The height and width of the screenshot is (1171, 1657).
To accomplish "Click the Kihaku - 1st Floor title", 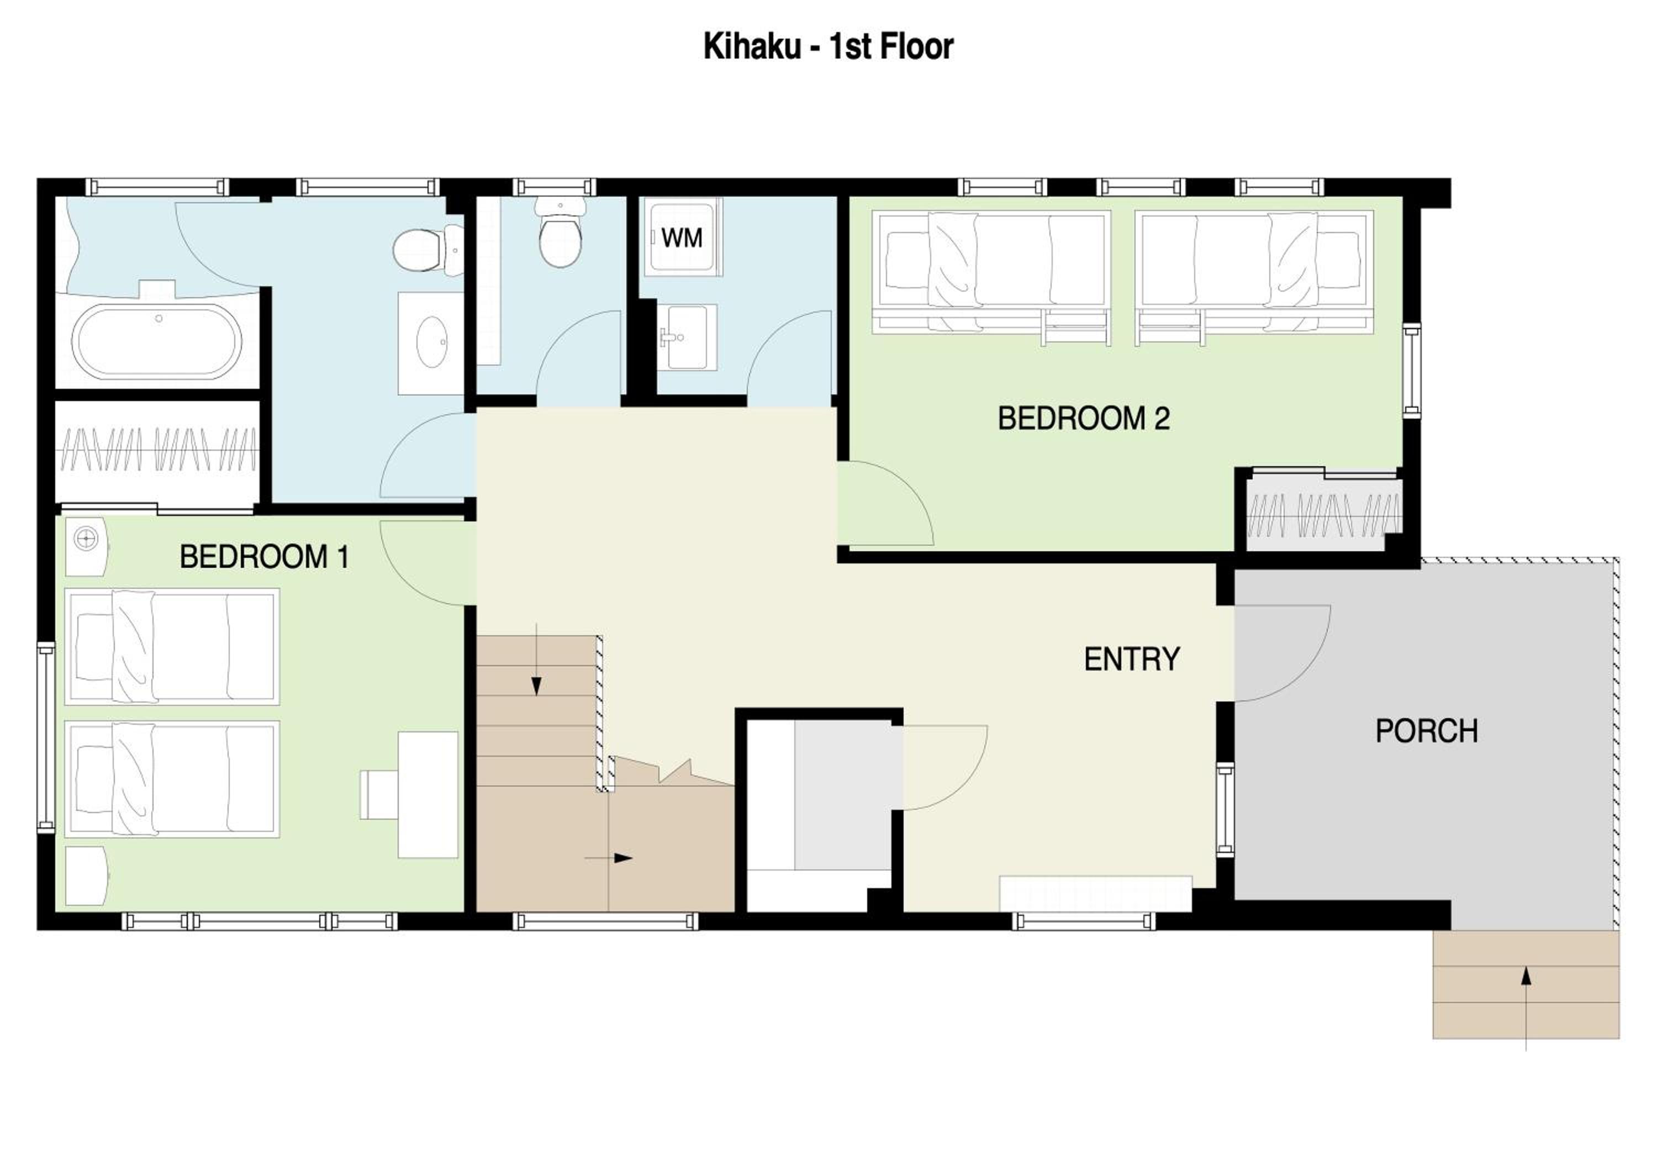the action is coord(828,47).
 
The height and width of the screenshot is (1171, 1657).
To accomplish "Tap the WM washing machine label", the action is coord(681,238).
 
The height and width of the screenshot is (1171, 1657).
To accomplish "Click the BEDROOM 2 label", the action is coord(1083,419).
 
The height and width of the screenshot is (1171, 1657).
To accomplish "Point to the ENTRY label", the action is coord(1132,659).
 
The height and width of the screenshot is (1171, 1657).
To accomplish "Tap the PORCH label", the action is coord(1427,732).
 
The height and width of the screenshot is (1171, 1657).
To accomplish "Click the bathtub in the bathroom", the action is coord(158,341).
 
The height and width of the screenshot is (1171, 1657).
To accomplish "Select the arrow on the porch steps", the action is coord(1526,1008).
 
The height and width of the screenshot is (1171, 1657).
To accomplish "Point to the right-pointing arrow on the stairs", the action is coord(608,858).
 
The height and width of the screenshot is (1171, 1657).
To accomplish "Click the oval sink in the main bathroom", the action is coord(431,342).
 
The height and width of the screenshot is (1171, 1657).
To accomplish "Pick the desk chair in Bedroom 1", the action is coord(379,794).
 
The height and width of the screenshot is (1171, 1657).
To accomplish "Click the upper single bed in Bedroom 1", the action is coord(172,646).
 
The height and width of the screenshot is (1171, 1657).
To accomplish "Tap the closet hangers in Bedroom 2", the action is coord(1323,515).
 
